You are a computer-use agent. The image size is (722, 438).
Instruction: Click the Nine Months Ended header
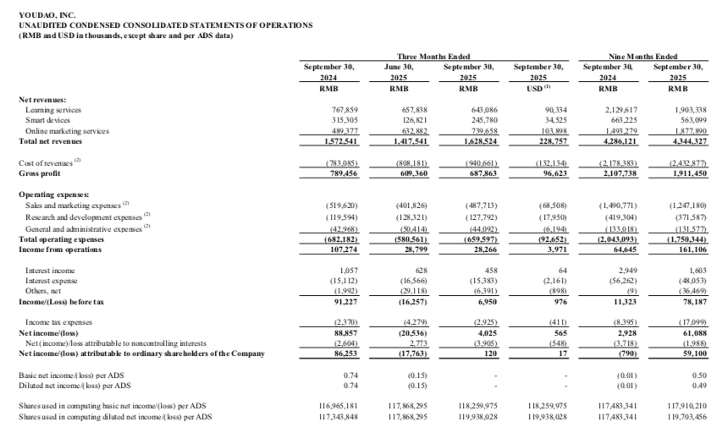(642, 55)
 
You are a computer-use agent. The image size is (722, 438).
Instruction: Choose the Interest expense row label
(53, 280)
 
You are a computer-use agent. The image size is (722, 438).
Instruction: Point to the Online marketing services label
(68, 131)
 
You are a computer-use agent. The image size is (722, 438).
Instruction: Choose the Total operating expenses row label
(59, 238)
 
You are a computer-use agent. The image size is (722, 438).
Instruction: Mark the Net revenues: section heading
(42, 100)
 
